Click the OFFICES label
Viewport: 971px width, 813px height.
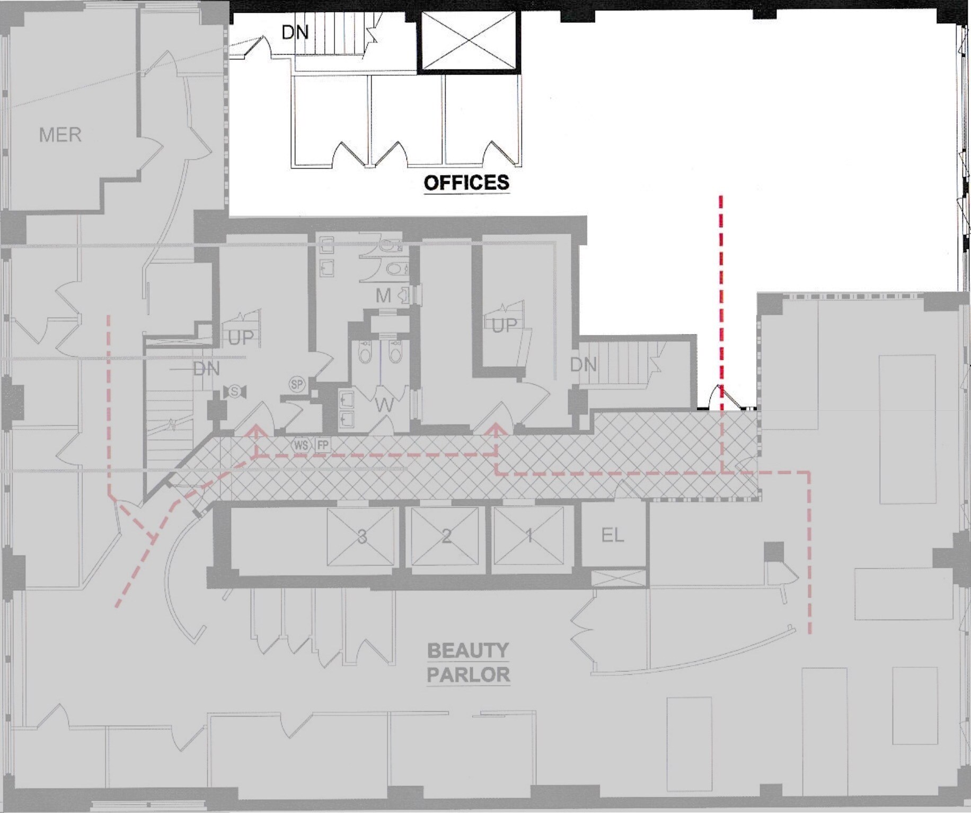466,183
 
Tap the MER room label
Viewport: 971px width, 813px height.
60,135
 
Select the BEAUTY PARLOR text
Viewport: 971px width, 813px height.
469,662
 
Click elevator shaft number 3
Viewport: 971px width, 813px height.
361,536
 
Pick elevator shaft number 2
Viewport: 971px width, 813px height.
446,536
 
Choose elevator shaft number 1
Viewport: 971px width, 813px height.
529,536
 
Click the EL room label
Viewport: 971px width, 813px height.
613,535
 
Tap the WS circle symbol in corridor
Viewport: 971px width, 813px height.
301,445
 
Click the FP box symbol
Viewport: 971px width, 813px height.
322,445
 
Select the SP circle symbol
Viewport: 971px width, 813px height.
297,384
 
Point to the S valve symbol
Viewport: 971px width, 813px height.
234,392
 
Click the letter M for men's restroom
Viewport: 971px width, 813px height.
383,296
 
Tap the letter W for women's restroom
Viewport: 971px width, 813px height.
384,405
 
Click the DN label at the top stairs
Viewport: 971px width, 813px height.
295,32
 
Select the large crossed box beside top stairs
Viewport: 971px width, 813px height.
468,41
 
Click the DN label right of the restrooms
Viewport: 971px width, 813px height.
584,365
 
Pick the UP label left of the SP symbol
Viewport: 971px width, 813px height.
241,338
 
